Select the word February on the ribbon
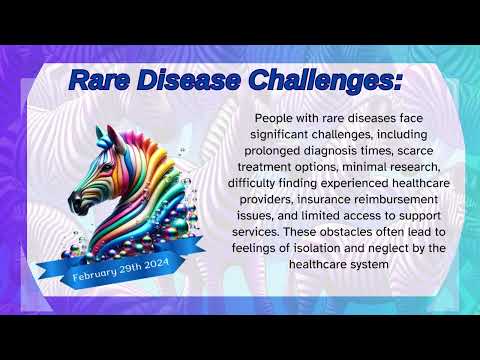98,274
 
